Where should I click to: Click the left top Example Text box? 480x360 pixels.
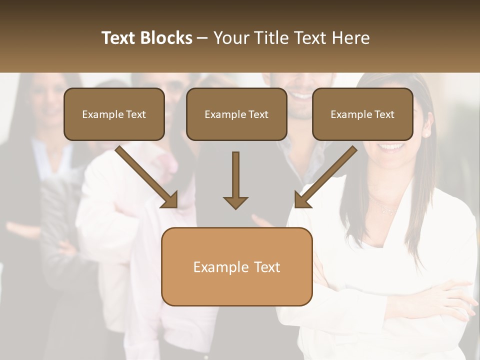tap(114, 114)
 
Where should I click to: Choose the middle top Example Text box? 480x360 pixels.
tap(236, 114)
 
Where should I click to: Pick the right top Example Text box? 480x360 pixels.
tap(362, 114)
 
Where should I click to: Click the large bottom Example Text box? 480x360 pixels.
tap(236, 266)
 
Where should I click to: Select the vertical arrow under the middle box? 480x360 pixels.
tap(235, 175)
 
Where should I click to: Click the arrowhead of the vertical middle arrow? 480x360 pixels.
tap(235, 202)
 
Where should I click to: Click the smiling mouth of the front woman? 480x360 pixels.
tap(391, 147)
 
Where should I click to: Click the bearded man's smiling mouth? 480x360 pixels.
tap(301, 94)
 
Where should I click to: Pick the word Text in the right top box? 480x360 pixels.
tap(384, 114)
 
